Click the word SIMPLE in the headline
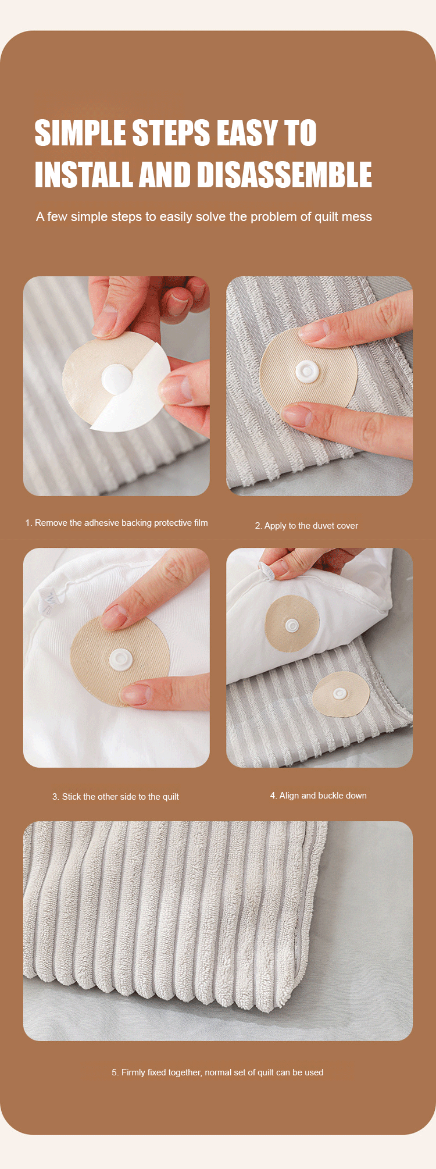pos(81,133)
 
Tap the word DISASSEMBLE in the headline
pos(284,174)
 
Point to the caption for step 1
pos(116,523)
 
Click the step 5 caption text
pos(217,1072)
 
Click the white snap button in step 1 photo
pos(117,379)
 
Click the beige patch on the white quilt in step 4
pos(292,624)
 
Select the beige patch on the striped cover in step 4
pos(341,694)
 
